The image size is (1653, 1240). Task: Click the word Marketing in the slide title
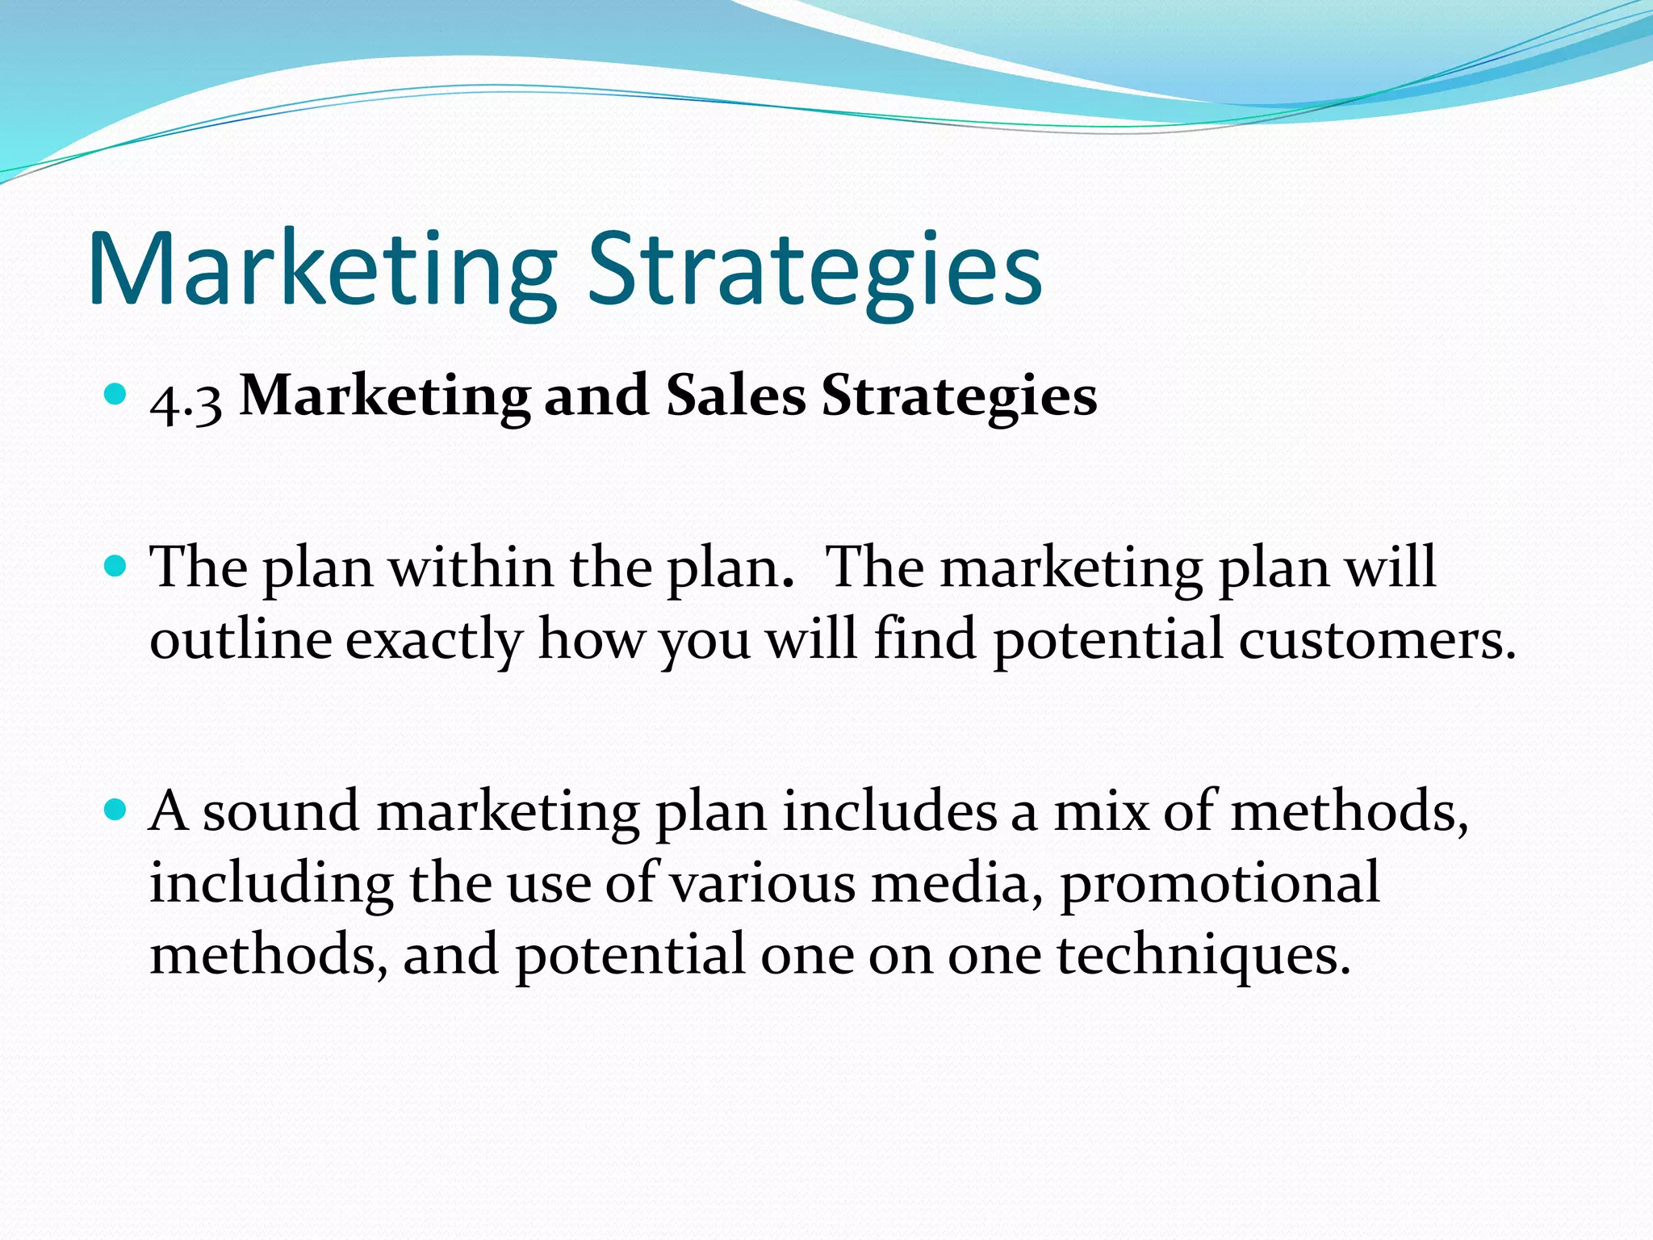[323, 270]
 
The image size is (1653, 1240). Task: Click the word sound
[280, 811]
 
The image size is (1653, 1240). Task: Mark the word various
[764, 884]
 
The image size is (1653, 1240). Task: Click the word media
[956, 884]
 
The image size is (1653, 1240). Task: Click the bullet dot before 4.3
[116, 395]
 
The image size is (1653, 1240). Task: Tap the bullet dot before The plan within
[116, 565]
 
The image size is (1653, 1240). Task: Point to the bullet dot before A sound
[116, 809]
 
